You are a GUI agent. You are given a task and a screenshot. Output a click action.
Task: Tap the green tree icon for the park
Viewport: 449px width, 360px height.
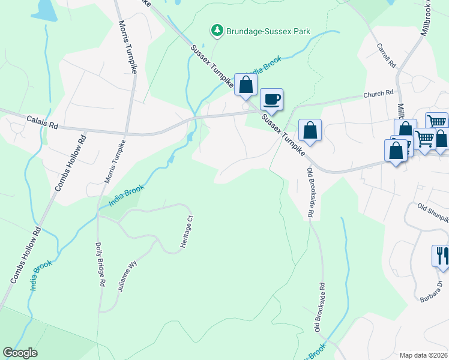[x=216, y=29]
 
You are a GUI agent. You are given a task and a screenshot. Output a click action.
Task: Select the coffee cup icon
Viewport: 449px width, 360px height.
[x=271, y=100]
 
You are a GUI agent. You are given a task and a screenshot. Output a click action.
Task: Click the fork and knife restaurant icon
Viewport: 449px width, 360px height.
[x=441, y=256]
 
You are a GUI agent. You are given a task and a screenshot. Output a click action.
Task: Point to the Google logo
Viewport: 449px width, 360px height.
[x=20, y=353]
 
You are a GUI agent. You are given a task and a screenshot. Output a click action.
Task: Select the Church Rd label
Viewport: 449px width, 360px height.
[x=379, y=94]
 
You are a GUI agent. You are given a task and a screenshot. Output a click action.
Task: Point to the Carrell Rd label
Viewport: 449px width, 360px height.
[x=387, y=55]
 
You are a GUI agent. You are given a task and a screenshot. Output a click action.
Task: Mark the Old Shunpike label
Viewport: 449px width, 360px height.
[x=433, y=211]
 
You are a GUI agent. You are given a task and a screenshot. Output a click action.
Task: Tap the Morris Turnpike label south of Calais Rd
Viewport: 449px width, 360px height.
[x=116, y=163]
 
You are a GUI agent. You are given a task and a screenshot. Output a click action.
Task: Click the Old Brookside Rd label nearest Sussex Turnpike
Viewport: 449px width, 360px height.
[x=310, y=192]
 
